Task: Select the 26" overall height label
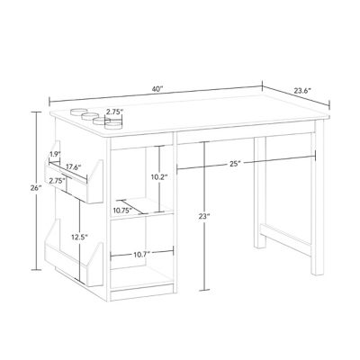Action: coord(35,187)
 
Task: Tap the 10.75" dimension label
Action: coord(123,211)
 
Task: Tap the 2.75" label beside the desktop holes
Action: coord(113,112)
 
